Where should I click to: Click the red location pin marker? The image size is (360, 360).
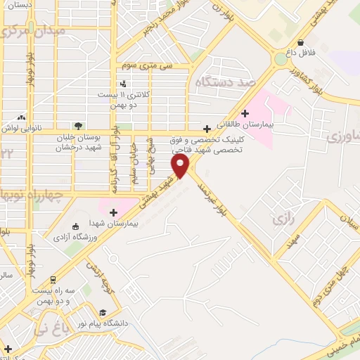181,165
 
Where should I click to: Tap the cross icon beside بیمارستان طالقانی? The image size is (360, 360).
245,113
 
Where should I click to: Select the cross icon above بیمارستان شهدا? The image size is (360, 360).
112,212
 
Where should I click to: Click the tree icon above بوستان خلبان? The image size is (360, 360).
78,127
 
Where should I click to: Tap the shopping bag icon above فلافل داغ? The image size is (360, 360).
301,42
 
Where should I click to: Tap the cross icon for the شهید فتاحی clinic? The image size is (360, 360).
206,129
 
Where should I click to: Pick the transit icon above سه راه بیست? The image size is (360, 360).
51,278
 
